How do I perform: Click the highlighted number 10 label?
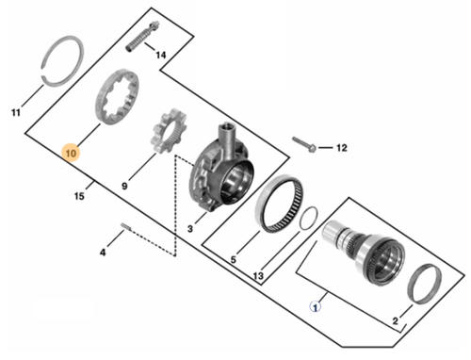click(71, 153)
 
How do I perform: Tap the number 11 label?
click(16, 112)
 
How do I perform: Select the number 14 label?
click(161, 55)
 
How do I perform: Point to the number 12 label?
click(341, 147)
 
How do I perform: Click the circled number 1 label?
click(316, 306)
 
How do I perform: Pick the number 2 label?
click(395, 320)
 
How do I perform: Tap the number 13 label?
click(258, 276)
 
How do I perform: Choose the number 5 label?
click(233, 260)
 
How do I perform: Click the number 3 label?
click(190, 229)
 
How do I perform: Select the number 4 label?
click(103, 252)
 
